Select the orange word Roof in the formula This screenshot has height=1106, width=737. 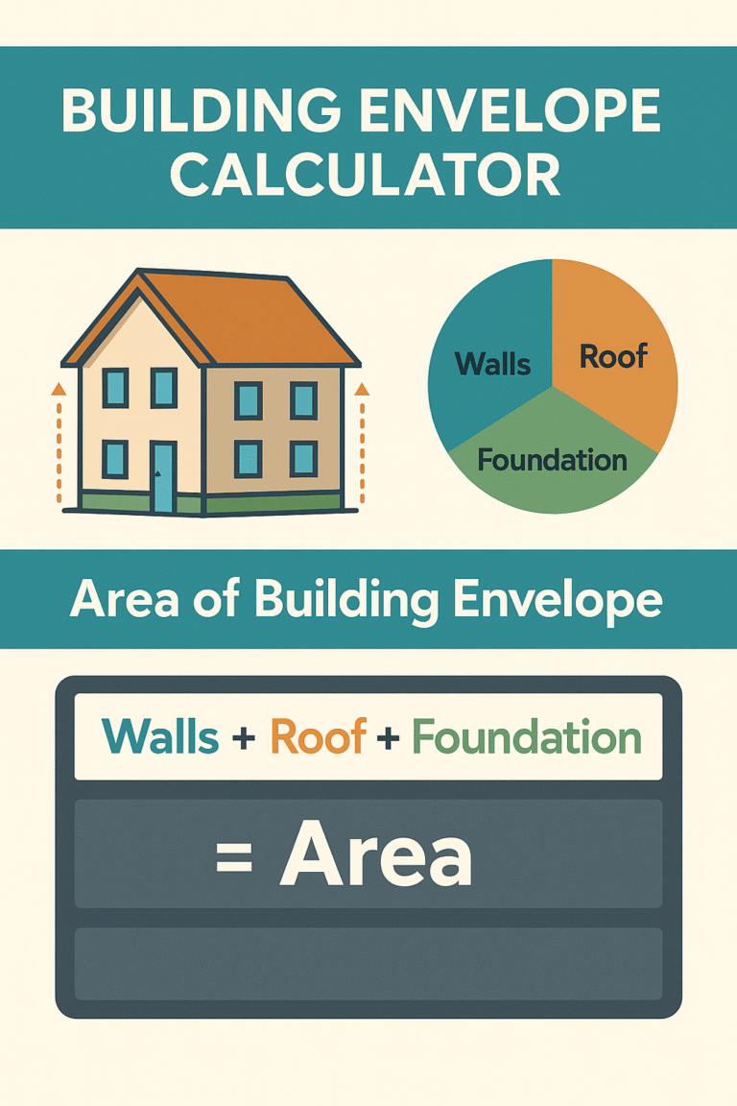(x=319, y=737)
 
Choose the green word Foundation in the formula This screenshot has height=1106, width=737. (x=526, y=737)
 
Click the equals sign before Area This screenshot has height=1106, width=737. (x=234, y=857)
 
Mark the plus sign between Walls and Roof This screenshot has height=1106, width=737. (x=245, y=738)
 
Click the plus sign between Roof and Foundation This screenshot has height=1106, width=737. (x=389, y=738)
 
